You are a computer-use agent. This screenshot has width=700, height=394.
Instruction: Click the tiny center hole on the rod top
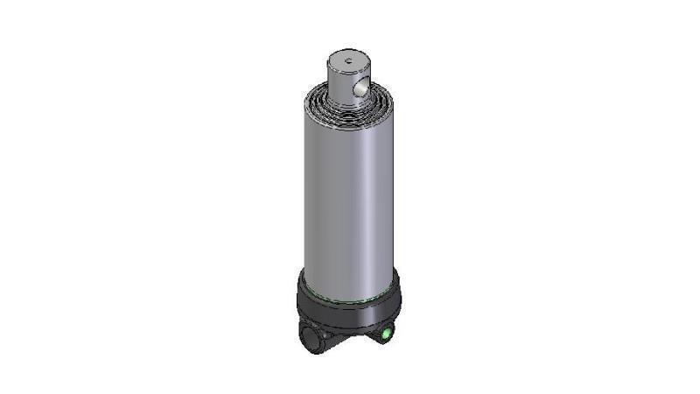[x=347, y=60]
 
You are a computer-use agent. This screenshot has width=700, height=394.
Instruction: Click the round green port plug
[x=385, y=333]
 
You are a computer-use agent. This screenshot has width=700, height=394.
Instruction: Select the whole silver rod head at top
[x=348, y=76]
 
